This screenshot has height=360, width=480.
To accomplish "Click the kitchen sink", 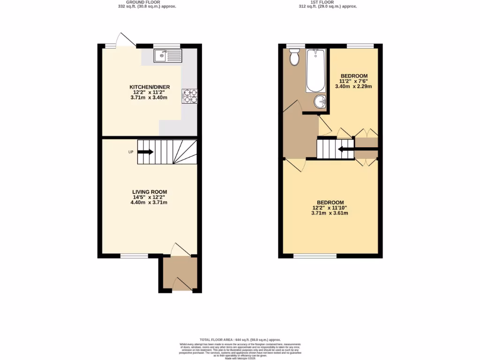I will pos(167,56).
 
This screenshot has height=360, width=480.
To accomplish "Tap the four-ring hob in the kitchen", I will pos(190,96).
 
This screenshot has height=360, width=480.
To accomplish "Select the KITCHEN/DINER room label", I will pos(150,87).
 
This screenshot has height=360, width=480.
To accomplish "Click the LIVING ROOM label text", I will pos(150,192).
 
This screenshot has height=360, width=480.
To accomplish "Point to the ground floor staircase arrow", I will pos(145,152).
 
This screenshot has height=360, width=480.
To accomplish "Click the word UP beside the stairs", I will pos(131,152).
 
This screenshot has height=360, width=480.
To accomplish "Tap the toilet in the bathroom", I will pos(295,58).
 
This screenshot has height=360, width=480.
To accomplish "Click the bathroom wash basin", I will pos(320,101).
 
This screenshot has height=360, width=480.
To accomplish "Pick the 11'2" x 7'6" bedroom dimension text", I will pos(354,81).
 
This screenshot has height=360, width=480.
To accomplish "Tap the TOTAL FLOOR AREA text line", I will pos(240,339).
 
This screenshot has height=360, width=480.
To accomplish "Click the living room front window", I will pos(134,256).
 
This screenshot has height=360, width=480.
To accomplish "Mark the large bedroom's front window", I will pos(315,256).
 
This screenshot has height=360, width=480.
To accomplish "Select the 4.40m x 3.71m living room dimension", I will pos(150,202).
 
